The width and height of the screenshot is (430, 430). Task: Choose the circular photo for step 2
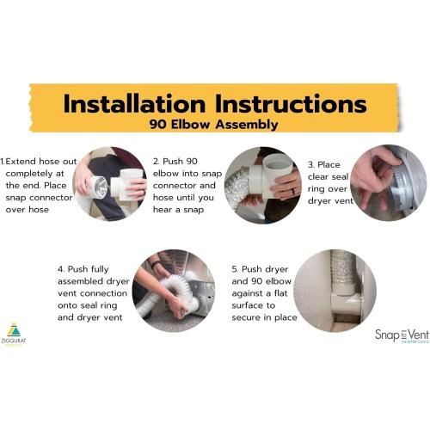pos(262,184)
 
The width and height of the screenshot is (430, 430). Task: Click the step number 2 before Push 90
pos(157,161)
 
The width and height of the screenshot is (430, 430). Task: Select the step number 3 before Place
pos(310,164)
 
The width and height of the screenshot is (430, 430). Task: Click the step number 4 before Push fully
pos(61,268)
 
